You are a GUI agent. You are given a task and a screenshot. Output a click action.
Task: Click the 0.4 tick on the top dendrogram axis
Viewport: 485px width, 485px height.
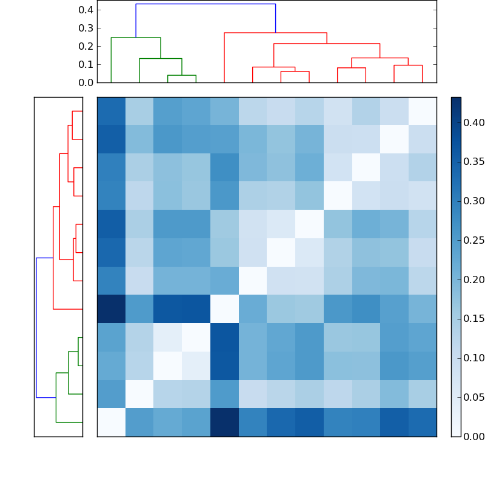pyautogui.click(x=87, y=10)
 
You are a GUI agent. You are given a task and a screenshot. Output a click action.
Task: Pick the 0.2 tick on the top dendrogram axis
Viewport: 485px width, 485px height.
pyautogui.click(x=87, y=46)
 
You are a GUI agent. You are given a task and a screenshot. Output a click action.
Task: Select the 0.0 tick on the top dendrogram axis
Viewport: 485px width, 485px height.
pyautogui.click(x=87, y=82)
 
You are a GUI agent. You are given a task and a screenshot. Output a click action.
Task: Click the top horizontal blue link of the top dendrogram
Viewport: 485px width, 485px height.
pyautogui.click(x=206, y=4)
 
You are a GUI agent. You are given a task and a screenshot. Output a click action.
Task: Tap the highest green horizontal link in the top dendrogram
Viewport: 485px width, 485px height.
pyautogui.click(x=136, y=38)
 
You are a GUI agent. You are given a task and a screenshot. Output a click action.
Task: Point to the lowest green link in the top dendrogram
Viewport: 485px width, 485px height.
pyautogui.click(x=181, y=75)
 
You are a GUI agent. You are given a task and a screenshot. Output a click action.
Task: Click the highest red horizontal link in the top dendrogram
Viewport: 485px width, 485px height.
pyautogui.click(x=275, y=33)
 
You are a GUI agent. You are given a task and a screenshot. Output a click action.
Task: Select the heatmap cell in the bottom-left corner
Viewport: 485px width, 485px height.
pyautogui.click(x=111, y=422)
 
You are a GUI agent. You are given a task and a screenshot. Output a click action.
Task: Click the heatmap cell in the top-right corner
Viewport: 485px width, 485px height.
pyautogui.click(x=422, y=111)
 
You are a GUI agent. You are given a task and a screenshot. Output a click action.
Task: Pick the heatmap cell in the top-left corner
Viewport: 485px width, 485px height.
pyautogui.click(x=111, y=111)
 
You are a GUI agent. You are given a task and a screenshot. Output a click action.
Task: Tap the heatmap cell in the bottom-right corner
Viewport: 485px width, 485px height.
pyautogui.click(x=422, y=422)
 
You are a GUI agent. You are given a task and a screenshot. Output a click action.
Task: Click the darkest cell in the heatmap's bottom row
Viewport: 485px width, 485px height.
pyautogui.click(x=224, y=422)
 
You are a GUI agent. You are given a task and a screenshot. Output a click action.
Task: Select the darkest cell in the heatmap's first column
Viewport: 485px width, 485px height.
pyautogui.click(x=111, y=309)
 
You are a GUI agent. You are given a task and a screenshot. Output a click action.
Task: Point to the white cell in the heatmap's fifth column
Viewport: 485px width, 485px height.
pyautogui.click(x=224, y=309)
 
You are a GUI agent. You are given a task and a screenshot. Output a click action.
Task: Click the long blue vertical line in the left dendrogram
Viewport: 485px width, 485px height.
pyautogui.click(x=36, y=327)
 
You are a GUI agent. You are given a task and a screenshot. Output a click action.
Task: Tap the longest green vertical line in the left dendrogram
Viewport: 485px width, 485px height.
pyautogui.click(x=56, y=397)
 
